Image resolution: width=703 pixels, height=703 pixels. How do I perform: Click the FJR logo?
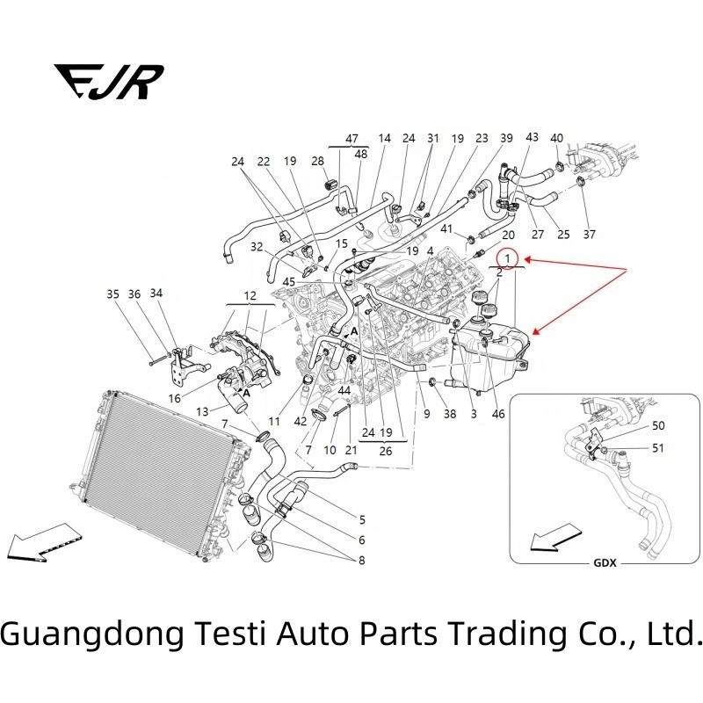108,82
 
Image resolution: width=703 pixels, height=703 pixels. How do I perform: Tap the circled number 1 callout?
507,258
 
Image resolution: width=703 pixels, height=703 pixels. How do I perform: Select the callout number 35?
112,294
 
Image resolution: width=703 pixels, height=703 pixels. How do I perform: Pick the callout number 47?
351,139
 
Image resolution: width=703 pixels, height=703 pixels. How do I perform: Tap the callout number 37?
589,235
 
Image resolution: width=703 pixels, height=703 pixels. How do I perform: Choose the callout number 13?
203,410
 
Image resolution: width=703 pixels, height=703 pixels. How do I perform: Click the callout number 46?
498,412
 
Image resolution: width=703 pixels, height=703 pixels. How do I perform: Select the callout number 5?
361,519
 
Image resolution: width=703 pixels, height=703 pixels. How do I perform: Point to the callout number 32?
256,246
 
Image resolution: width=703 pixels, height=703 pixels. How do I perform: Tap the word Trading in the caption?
443,634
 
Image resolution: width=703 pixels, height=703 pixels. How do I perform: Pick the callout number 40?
557,139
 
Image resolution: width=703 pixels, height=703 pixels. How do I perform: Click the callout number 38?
450,412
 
